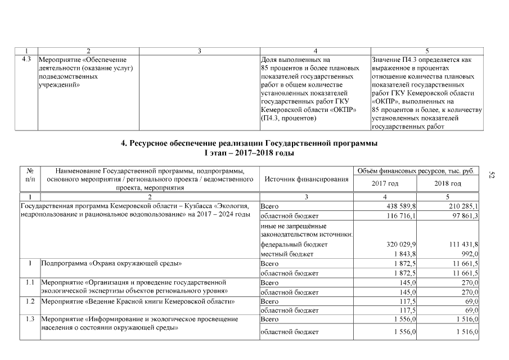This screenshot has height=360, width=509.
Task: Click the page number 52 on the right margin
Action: [x=491, y=176]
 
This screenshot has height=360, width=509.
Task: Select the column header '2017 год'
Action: [x=385, y=184]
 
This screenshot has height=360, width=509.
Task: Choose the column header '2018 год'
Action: [x=448, y=184]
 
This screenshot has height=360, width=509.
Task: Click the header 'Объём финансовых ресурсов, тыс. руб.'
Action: [x=416, y=170]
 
